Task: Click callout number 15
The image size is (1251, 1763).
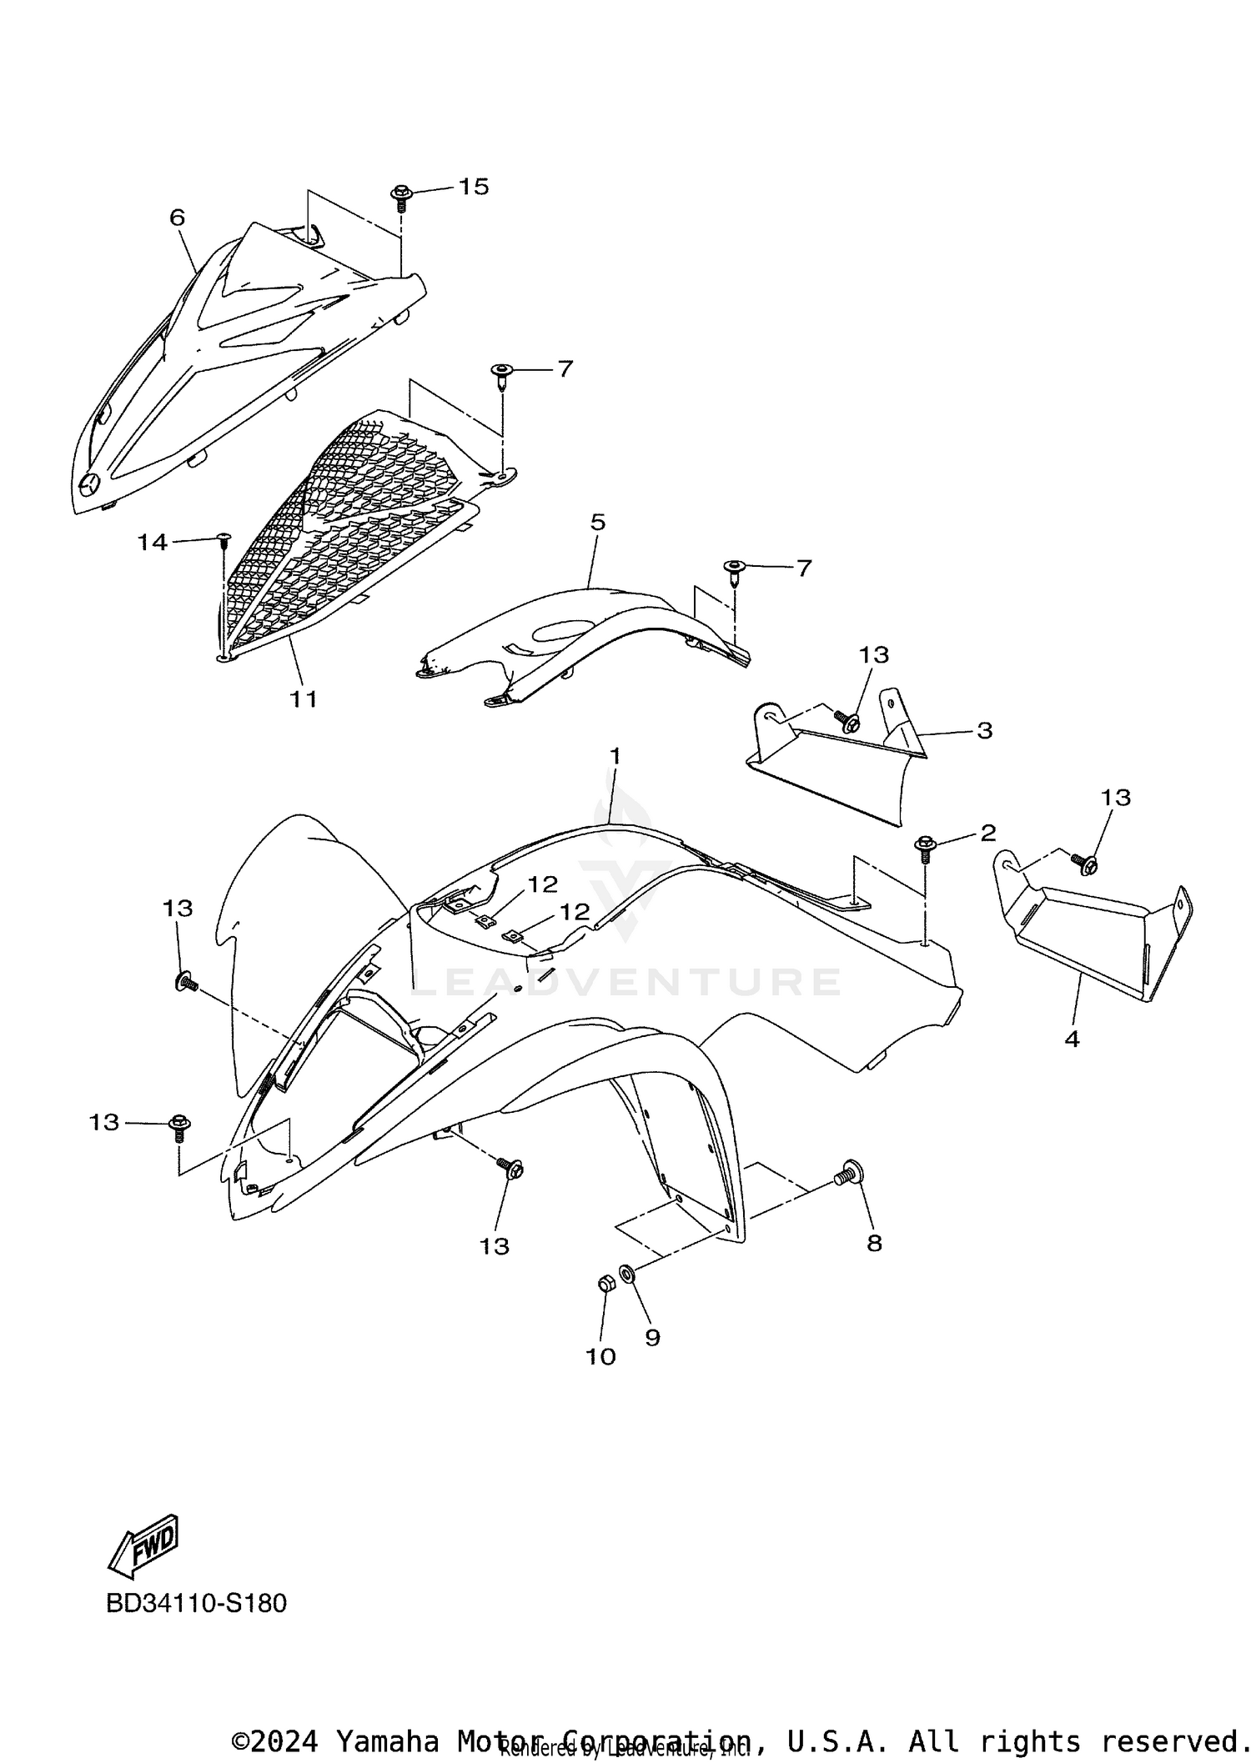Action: pos(474,187)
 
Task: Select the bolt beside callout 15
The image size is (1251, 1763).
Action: pos(400,198)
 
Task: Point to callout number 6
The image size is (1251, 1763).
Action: pos(177,218)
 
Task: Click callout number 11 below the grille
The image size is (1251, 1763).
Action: pos(304,699)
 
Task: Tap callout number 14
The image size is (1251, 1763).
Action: pos(153,543)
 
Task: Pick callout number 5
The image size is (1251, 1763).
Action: pos(597,523)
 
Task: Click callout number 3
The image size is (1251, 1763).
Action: pos(984,730)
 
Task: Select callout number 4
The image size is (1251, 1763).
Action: pos(1072,1039)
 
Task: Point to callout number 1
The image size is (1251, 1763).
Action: pos(615,756)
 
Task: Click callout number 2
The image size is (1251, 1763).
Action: pos(987,832)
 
